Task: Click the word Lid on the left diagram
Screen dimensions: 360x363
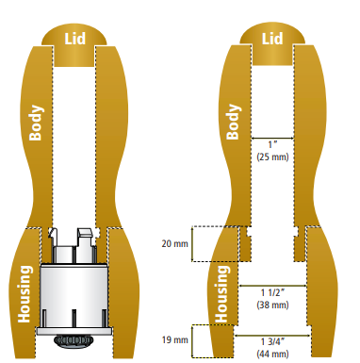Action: pos(75,39)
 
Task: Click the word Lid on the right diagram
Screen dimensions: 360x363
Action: pos(272,39)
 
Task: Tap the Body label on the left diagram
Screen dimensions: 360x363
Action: pos(36,123)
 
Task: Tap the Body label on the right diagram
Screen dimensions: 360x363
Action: pos(234,122)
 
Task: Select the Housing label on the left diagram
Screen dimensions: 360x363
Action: pos(25,294)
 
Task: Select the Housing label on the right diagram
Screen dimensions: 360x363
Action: pos(222,294)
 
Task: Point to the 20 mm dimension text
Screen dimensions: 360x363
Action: pos(174,243)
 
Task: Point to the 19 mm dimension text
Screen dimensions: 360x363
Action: pos(174,339)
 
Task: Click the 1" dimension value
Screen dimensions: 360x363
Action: pos(273,145)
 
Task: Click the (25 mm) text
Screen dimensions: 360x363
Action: pos(272,157)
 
